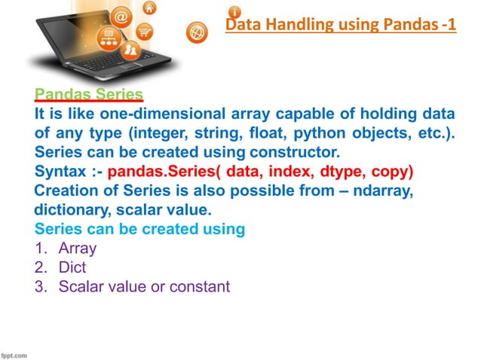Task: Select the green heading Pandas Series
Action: click(x=89, y=95)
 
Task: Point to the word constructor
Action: click(x=296, y=150)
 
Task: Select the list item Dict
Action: click(x=72, y=267)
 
